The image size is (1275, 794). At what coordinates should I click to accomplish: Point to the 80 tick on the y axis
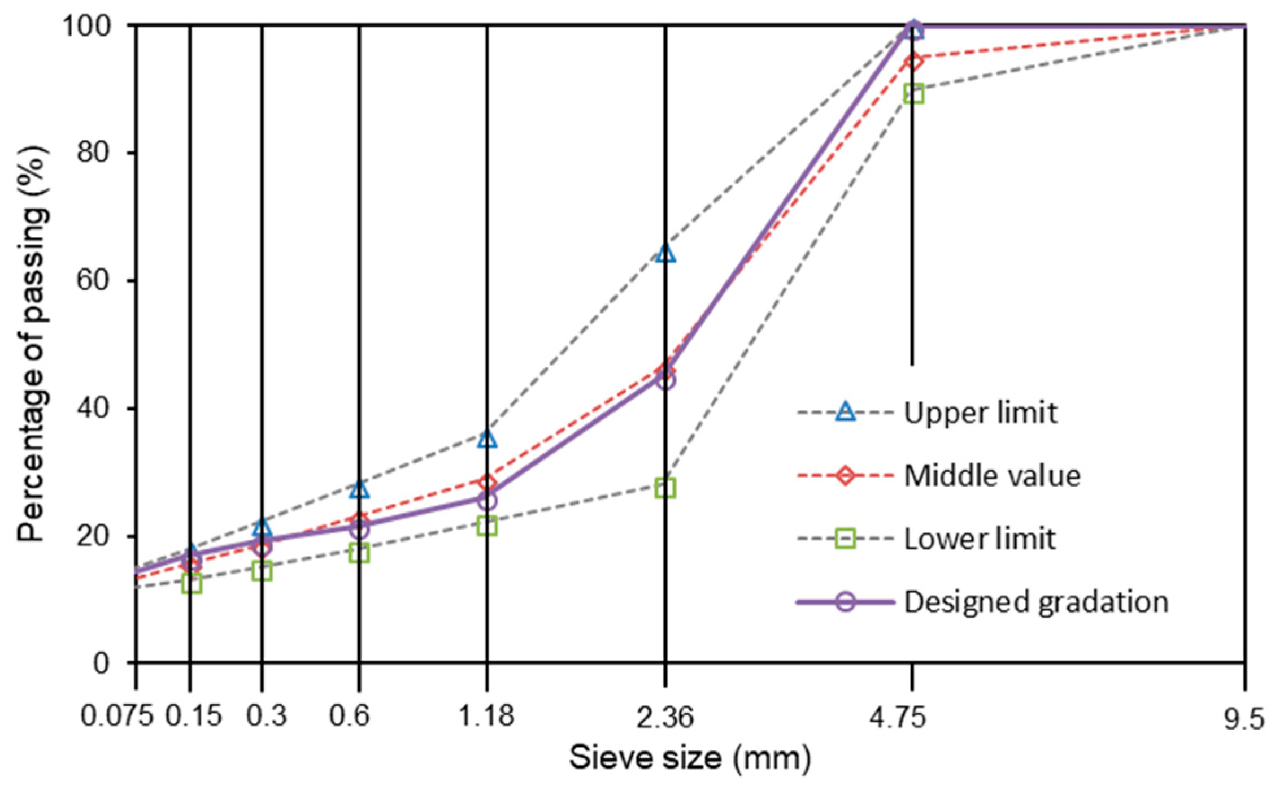93,153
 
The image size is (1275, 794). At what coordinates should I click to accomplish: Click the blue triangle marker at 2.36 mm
666,253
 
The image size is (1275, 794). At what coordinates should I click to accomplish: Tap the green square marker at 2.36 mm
665,488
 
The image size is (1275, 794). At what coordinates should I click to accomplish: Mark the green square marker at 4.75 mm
913,94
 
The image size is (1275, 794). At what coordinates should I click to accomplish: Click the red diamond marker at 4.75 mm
913,61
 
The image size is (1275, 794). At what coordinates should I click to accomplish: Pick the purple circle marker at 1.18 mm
487,501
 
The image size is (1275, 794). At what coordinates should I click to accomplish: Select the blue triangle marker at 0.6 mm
359,489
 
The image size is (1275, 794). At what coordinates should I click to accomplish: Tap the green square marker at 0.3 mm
262,571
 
